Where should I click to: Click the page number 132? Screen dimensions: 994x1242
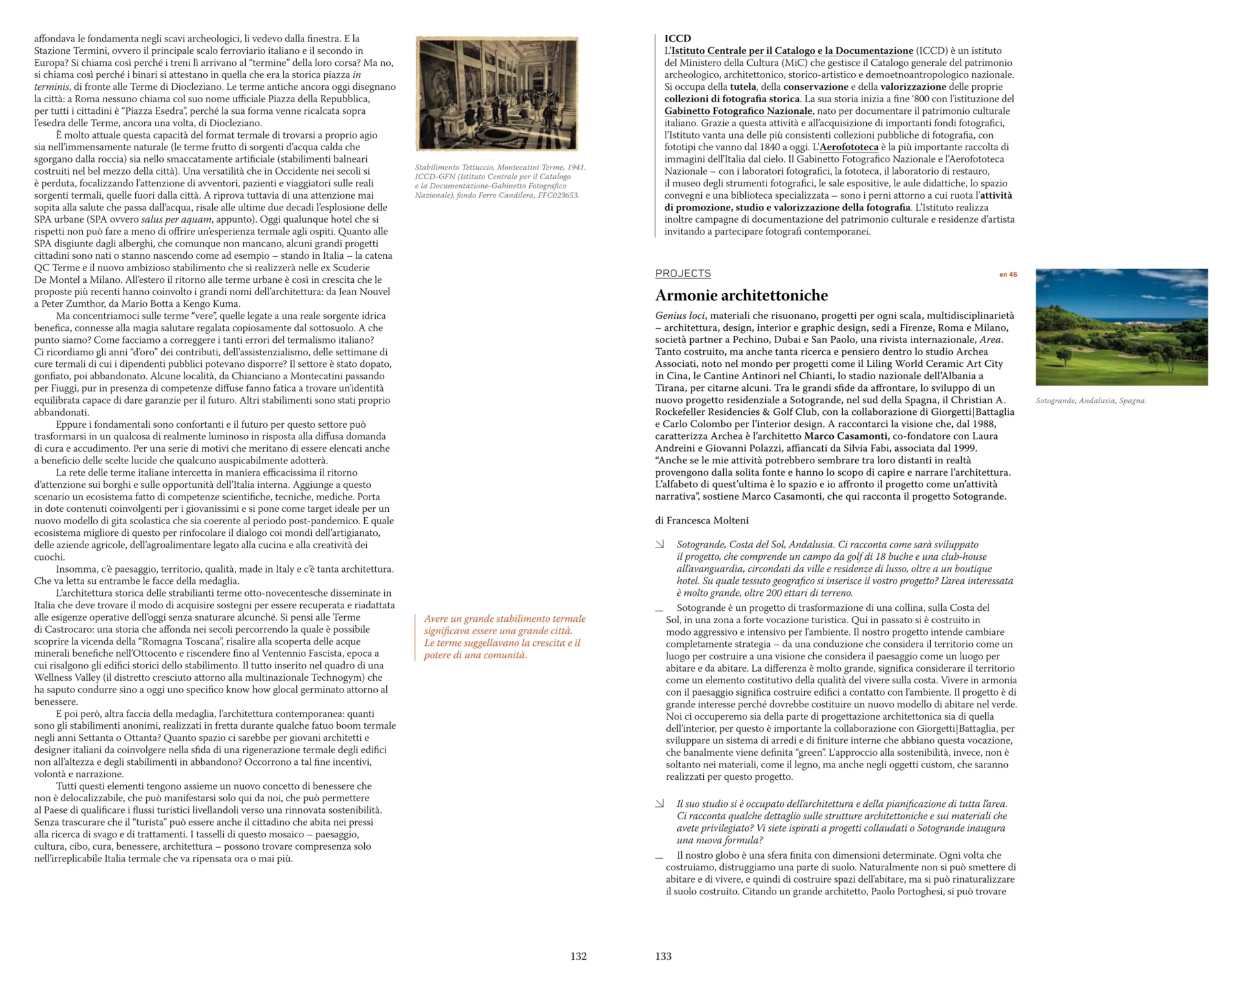pyautogui.click(x=578, y=956)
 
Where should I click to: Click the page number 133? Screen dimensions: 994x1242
pyautogui.click(x=663, y=956)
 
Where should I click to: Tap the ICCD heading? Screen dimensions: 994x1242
pyautogui.click(x=677, y=38)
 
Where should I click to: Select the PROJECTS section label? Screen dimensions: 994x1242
pyautogui.click(x=682, y=274)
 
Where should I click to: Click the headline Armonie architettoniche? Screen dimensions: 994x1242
pyautogui.click(x=741, y=296)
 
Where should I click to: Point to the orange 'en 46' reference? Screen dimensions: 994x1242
pyautogui.click(x=1008, y=274)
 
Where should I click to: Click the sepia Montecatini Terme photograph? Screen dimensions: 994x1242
pyautogui.click(x=497, y=94)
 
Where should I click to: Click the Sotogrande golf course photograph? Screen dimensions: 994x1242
pyautogui.click(x=1121, y=327)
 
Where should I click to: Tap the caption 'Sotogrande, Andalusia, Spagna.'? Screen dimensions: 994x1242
pyautogui.click(x=1091, y=401)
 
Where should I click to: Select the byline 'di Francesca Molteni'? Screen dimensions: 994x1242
pyautogui.click(x=702, y=520)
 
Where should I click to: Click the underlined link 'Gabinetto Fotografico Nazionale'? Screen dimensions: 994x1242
pyautogui.click(x=738, y=111)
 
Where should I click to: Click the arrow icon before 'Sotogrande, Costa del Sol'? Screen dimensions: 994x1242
pyautogui.click(x=660, y=545)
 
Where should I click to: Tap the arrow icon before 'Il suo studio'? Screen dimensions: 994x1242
pyautogui.click(x=660, y=804)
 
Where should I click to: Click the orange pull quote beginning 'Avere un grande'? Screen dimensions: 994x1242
pyautogui.click(x=504, y=637)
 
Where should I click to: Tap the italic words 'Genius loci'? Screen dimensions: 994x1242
pyautogui.click(x=680, y=316)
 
